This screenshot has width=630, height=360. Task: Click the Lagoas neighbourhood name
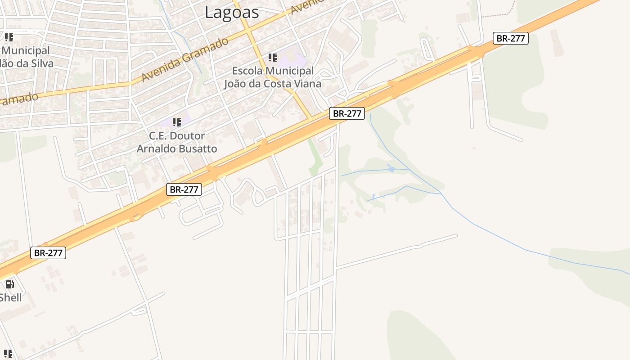tap(232, 12)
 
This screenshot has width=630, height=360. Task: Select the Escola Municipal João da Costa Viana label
tap(273, 77)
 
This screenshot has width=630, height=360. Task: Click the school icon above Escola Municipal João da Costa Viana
tap(272, 58)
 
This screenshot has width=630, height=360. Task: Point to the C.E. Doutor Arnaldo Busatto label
tap(177, 142)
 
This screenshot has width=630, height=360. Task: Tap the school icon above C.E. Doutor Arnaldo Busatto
tap(177, 122)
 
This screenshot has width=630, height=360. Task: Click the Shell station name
tap(10, 297)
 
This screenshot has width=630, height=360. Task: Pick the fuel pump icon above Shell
tap(9, 284)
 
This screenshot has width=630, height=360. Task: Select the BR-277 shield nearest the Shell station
tap(48, 253)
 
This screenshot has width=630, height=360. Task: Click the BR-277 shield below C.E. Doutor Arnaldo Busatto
tap(184, 189)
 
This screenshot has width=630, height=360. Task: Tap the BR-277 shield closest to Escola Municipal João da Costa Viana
tap(346, 113)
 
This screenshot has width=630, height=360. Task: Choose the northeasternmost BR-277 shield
tap(510, 38)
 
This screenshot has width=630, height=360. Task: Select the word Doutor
tap(189, 136)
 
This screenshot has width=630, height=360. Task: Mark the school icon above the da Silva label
tap(9, 37)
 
